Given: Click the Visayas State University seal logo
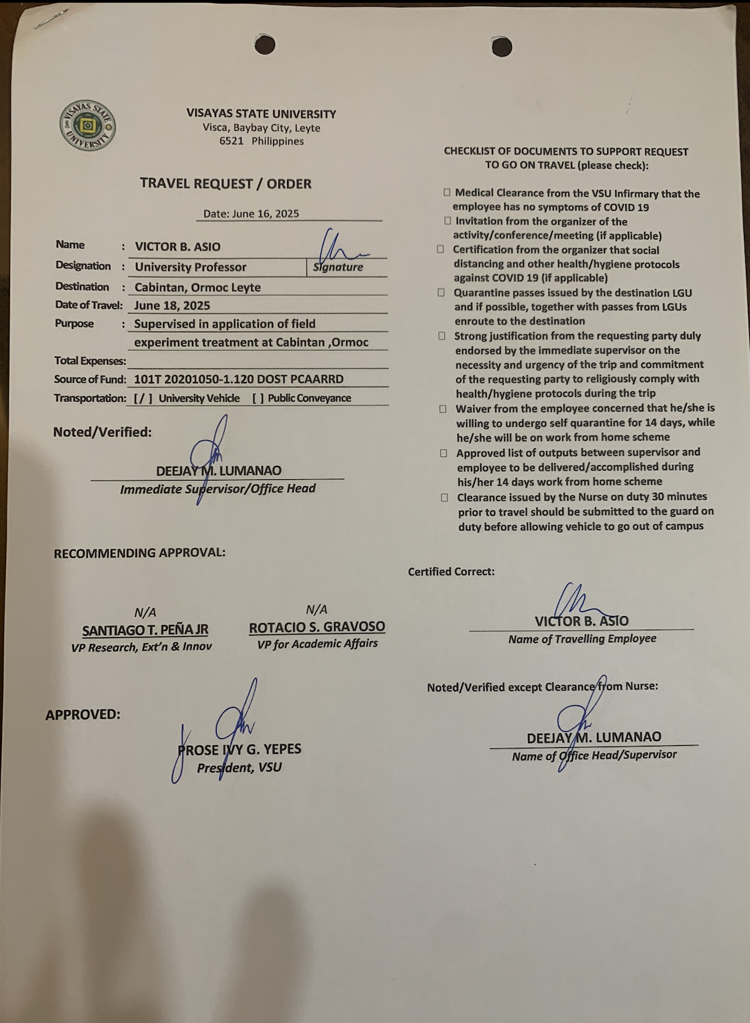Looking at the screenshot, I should pyautogui.click(x=87, y=126).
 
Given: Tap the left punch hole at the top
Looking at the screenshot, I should pyautogui.click(x=265, y=45).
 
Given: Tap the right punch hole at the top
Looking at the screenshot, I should pyautogui.click(x=502, y=47).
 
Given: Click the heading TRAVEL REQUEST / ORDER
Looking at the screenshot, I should pyautogui.click(x=225, y=184).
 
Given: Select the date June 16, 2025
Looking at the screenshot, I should pyautogui.click(x=252, y=213).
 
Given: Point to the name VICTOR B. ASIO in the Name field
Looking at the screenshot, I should pyautogui.click(x=178, y=247).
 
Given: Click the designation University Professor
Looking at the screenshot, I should pyautogui.click(x=191, y=267).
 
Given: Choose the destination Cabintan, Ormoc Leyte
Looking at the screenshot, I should pyautogui.click(x=197, y=287).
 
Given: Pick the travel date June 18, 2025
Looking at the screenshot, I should pyautogui.click(x=172, y=305).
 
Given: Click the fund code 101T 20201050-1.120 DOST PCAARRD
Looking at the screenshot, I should pyautogui.click(x=239, y=379).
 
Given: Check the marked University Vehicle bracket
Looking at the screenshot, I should pyautogui.click(x=143, y=398).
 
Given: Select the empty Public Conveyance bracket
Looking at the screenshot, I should pyautogui.click(x=258, y=398).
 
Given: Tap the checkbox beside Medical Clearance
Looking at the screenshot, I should pyautogui.click(x=447, y=193).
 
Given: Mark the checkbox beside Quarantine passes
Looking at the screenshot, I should pyautogui.click(x=441, y=293).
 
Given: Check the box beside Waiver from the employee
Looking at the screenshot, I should pyautogui.click(x=443, y=409).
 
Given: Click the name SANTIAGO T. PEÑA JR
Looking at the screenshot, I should pyautogui.click(x=145, y=630).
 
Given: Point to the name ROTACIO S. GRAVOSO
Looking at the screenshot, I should pyautogui.click(x=317, y=627).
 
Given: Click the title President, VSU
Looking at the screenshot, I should pyautogui.click(x=239, y=767).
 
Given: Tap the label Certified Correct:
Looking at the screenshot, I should pyautogui.click(x=451, y=572).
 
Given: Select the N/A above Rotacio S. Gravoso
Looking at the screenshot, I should pyautogui.click(x=317, y=610).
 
